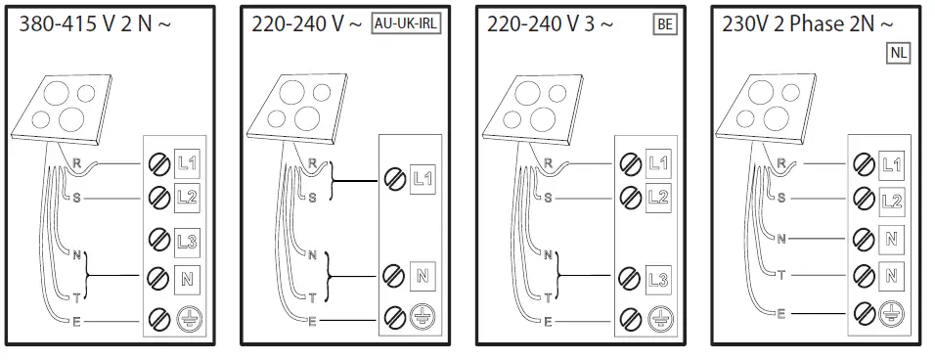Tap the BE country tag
[664, 24]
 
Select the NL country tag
[898, 54]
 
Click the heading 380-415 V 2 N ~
[95, 24]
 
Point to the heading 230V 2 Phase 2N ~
[807, 23]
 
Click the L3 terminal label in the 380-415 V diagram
[189, 239]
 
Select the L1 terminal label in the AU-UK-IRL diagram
[422, 178]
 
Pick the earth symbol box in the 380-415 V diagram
[189, 318]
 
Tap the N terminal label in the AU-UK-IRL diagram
[422, 275]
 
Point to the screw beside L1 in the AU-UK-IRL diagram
[393, 178]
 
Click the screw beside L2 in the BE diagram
[631, 198]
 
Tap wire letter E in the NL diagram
[780, 313]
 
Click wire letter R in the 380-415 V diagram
[77, 162]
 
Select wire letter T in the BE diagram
[546, 296]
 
